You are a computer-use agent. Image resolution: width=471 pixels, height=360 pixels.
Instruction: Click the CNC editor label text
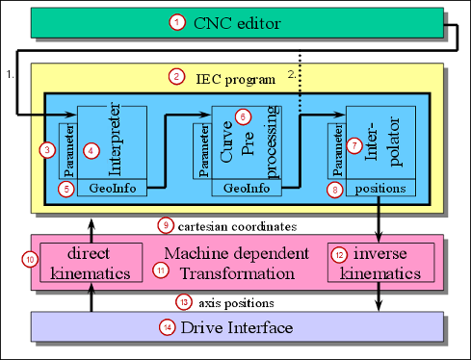(239, 21)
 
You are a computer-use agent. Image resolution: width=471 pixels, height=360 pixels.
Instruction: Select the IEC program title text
(239, 75)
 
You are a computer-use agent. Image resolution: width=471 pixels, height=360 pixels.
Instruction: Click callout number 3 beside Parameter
(46, 150)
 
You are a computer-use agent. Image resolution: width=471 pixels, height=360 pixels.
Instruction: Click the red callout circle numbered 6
(243, 116)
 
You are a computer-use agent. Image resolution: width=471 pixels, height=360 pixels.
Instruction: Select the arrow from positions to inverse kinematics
(377, 218)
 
